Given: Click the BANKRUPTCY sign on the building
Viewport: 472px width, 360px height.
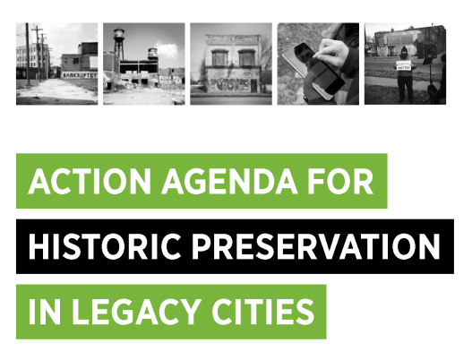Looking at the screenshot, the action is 80,75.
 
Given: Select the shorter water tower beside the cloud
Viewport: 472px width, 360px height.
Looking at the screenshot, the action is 152,55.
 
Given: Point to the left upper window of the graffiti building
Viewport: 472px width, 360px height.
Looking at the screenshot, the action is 219,58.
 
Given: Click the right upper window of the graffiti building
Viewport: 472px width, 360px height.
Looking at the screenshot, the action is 246,58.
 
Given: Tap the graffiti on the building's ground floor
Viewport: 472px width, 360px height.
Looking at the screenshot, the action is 230,84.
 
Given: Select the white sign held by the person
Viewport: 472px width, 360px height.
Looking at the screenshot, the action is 404,65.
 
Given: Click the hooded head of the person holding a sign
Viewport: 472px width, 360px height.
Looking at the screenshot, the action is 404,52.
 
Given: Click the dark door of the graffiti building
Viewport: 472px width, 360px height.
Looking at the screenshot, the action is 254,86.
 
